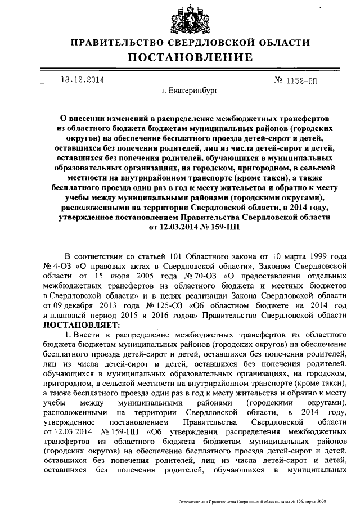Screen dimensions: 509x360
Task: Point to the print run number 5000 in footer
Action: [x=321, y=501]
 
